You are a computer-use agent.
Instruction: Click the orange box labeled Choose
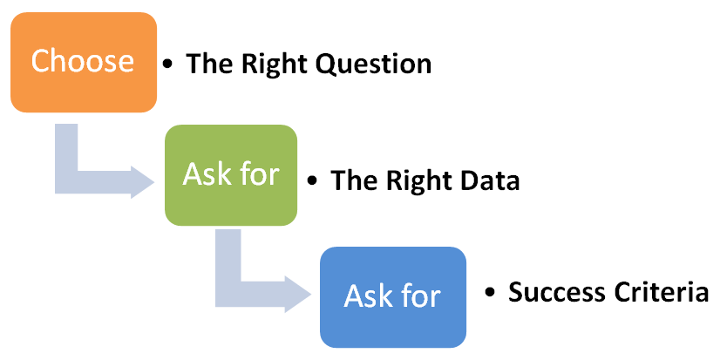tap(84, 63)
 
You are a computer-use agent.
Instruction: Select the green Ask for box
tap(231, 175)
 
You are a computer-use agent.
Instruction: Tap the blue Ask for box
tap(393, 297)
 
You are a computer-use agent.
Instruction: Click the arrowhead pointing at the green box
tap(142, 182)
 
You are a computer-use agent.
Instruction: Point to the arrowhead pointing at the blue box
tap(298, 295)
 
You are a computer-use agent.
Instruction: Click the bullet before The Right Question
tap(167, 64)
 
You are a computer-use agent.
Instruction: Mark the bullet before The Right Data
tap(312, 181)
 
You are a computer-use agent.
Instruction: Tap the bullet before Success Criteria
tap(490, 293)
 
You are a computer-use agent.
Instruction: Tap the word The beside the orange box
tap(210, 64)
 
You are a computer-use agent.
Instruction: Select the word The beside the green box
tap(355, 180)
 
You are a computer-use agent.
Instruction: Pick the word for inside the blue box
tap(422, 296)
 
